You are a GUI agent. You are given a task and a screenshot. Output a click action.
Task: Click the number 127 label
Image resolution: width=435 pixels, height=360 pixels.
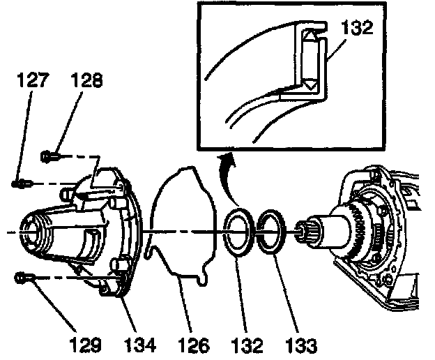33,80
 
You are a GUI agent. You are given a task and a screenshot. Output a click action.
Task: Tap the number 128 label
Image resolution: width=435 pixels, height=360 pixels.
86,80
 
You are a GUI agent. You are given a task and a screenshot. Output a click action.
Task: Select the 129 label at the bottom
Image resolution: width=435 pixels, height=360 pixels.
85,345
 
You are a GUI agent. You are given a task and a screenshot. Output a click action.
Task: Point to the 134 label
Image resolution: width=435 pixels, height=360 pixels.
139,345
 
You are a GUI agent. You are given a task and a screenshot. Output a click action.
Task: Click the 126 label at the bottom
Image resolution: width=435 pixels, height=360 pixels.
193,345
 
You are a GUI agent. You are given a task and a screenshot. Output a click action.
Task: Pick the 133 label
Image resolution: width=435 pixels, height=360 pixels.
301,345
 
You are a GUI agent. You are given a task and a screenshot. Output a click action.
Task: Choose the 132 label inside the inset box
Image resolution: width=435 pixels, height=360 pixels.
357,28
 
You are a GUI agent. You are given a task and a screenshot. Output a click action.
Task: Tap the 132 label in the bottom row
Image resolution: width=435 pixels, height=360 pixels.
247,345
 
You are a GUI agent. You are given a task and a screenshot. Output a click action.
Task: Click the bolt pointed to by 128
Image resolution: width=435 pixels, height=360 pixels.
50,157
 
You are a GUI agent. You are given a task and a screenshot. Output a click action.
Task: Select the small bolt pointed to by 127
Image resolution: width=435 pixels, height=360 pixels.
22,183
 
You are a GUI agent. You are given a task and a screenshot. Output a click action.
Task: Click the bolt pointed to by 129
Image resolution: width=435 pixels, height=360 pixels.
24,278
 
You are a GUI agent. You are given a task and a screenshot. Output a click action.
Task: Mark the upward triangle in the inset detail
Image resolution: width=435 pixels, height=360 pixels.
309,35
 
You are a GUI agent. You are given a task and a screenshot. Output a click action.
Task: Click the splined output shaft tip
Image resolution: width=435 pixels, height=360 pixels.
304,232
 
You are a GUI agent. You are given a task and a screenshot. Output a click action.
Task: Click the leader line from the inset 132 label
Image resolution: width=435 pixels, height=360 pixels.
336,50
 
